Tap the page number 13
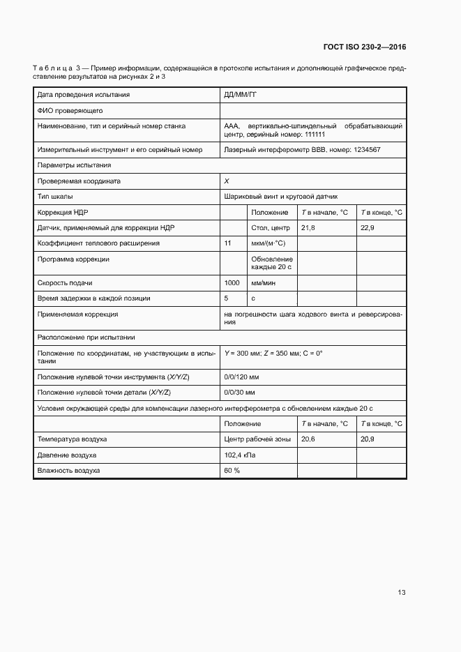coord(401,593)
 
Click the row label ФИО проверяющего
coord(70,110)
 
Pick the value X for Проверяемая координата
coord(227,181)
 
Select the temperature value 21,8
coord(308,228)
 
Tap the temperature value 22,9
coord(368,228)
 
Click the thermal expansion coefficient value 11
coord(228,243)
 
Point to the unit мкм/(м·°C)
coord(268,243)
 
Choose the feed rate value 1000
coord(232,283)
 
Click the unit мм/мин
coord(263,283)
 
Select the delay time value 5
coord(226,298)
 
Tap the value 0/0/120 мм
coord(241,377)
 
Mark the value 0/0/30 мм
coord(240,393)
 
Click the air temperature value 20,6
coord(308,439)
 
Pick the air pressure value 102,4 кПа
coord(240,455)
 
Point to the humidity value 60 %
coord(232,471)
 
